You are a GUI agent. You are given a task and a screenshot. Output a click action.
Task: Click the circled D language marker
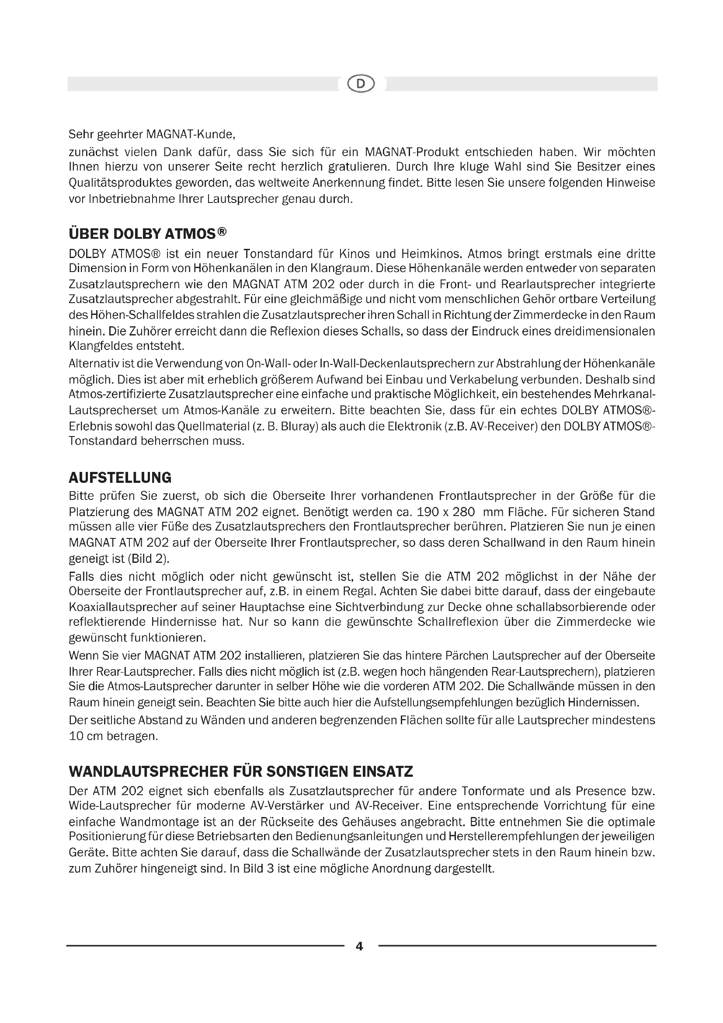point(361,84)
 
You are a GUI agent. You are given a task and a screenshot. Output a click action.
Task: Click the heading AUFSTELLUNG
point(120,478)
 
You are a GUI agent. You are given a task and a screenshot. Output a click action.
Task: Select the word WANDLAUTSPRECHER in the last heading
point(148,771)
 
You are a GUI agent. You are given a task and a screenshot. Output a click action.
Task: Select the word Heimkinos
point(428,254)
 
